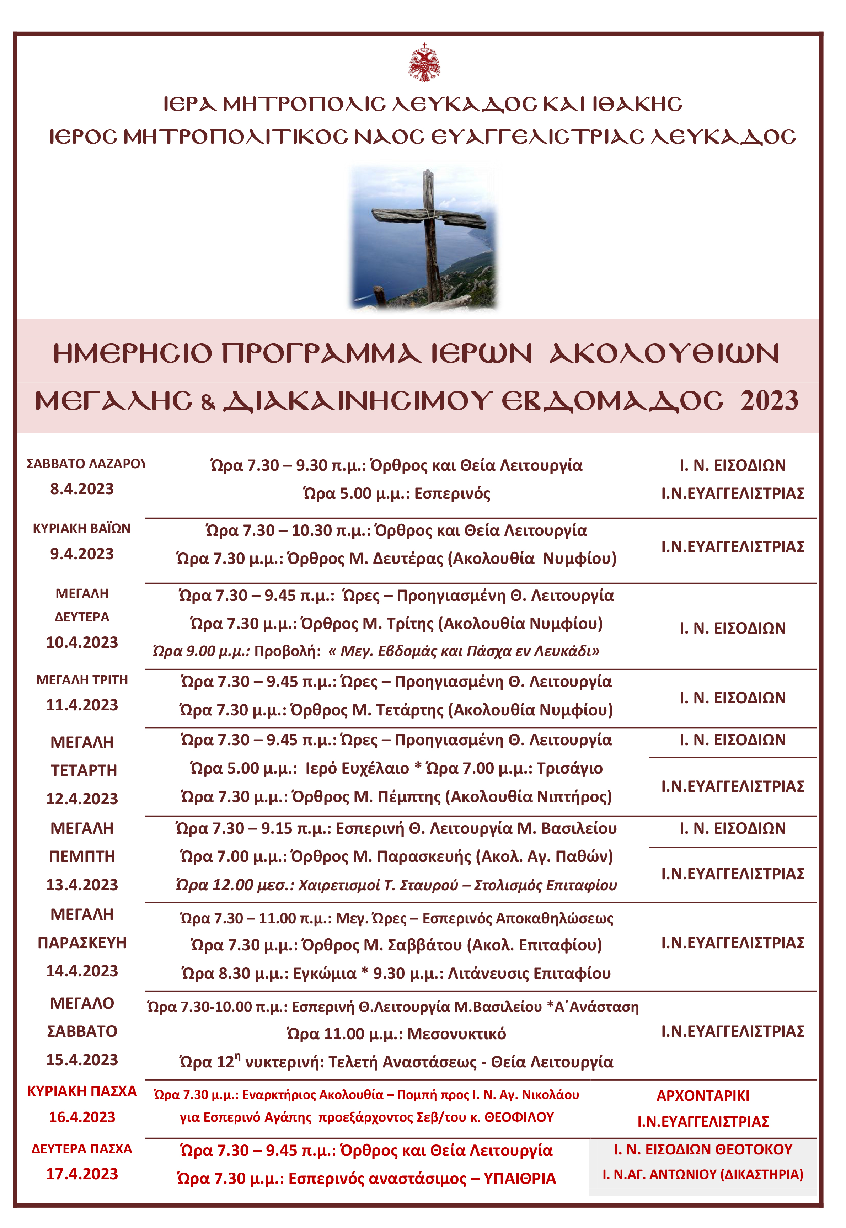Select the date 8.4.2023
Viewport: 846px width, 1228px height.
tap(82, 488)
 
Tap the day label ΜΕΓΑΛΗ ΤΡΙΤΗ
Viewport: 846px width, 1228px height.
tap(82, 680)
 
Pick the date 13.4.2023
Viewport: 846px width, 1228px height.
tap(82, 885)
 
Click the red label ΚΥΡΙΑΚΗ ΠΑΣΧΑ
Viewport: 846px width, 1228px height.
tap(82, 1091)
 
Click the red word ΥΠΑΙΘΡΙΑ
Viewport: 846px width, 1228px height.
tap(519, 1178)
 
